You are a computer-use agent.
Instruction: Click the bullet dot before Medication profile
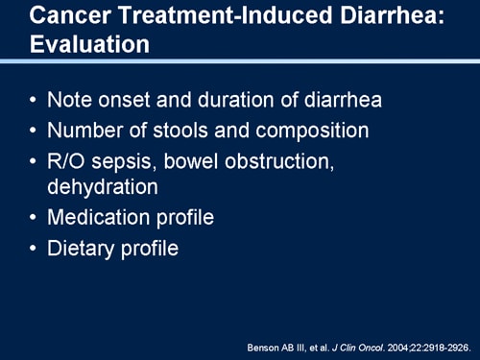(x=35, y=218)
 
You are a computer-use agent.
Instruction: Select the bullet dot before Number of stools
(x=35, y=131)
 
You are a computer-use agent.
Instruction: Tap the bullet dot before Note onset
(x=35, y=100)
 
